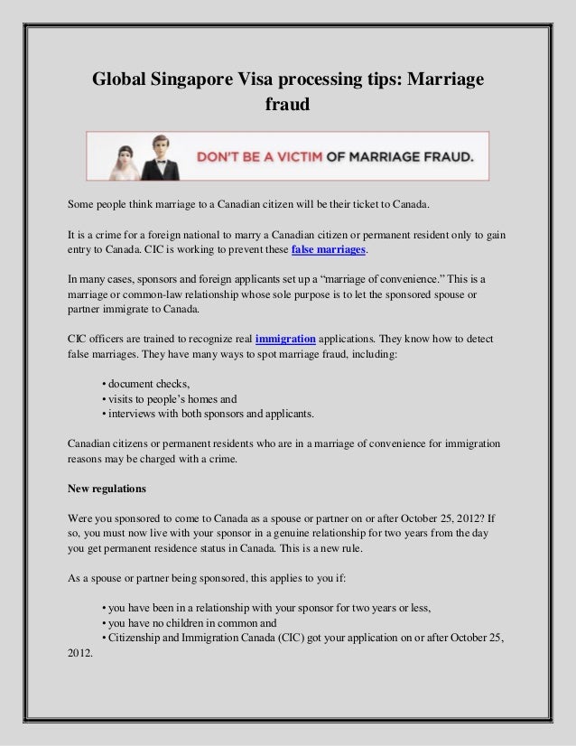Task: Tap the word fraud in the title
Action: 287,106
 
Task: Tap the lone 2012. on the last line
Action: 80,654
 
